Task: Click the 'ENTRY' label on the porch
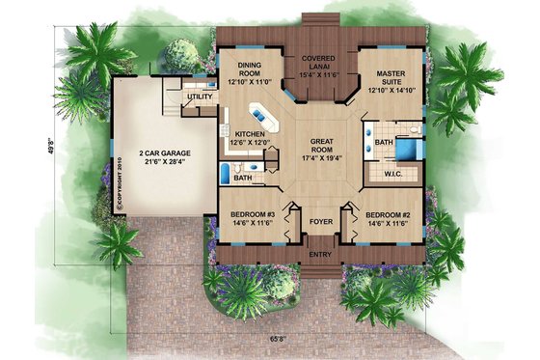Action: (x=316, y=254)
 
